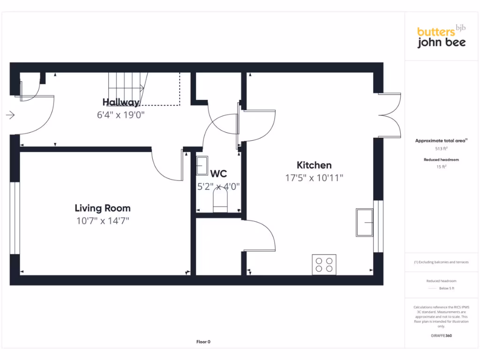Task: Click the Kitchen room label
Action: pyautogui.click(x=314, y=165)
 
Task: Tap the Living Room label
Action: pyautogui.click(x=103, y=208)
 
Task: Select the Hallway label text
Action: pyautogui.click(x=121, y=102)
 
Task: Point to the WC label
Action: pyautogui.click(x=218, y=174)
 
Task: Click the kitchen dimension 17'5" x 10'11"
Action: pyautogui.click(x=314, y=178)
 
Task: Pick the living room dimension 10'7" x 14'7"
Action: pyautogui.click(x=103, y=221)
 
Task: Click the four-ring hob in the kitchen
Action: pyautogui.click(x=324, y=264)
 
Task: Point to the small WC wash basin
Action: pyautogui.click(x=202, y=165)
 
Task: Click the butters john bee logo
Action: pyautogui.click(x=442, y=37)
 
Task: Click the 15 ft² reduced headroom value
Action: pyautogui.click(x=441, y=166)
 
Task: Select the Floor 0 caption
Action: pyautogui.click(x=203, y=342)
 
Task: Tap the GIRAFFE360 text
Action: pyautogui.click(x=441, y=336)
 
